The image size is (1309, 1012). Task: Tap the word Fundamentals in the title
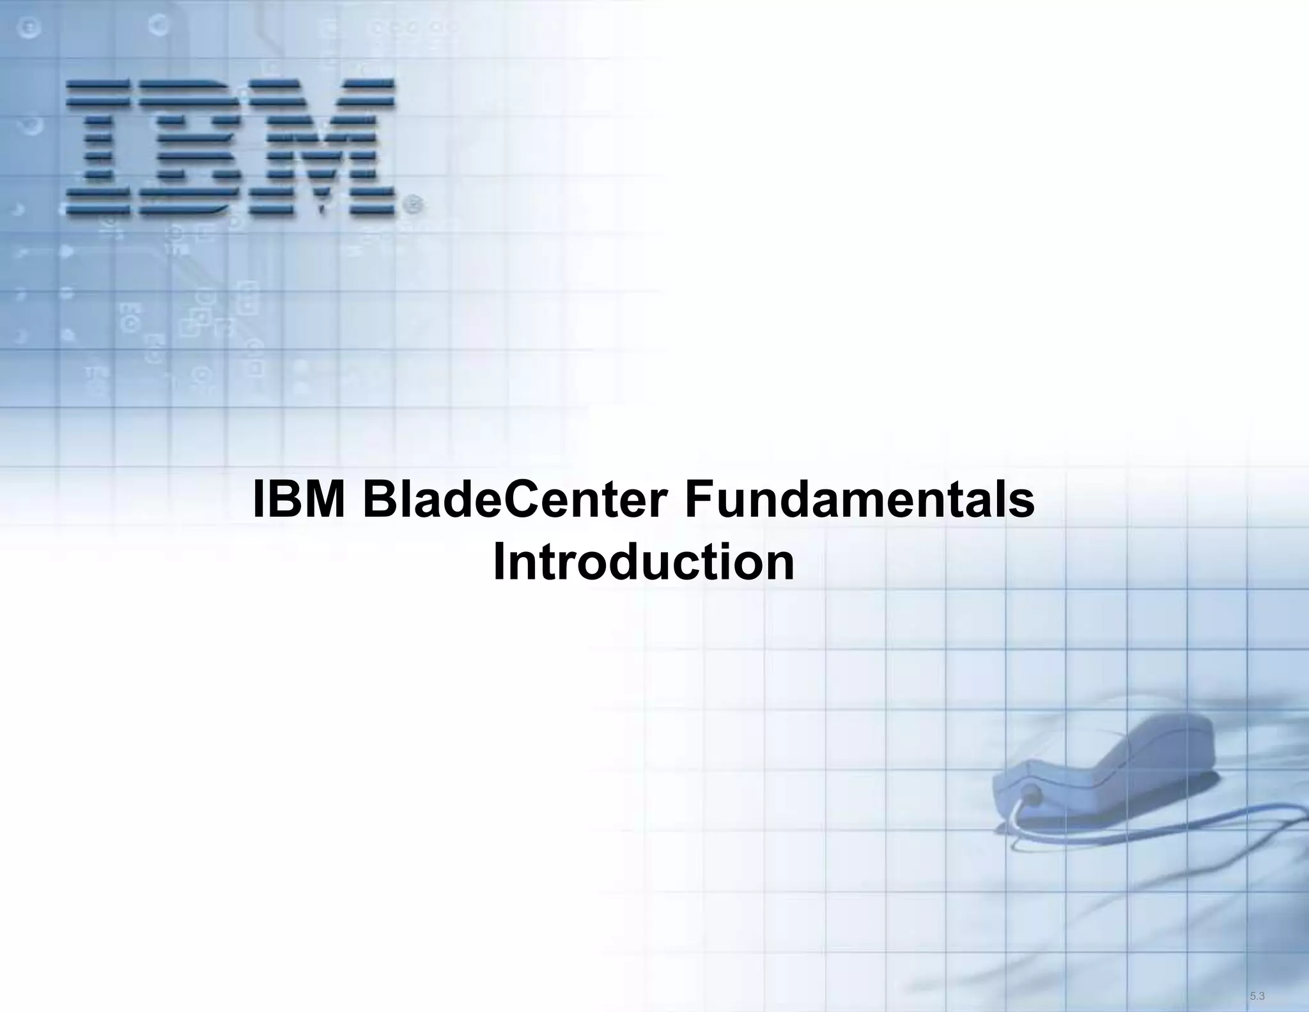[x=859, y=502]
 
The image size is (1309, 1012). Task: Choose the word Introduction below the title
[x=644, y=563]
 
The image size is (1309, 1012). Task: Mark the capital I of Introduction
[x=499, y=563]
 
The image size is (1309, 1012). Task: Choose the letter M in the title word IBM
[x=325, y=502]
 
